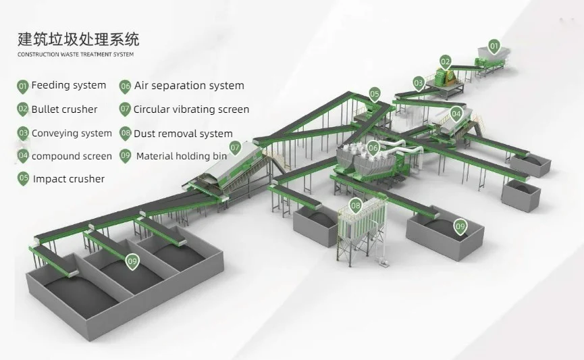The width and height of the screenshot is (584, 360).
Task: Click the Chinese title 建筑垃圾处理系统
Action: coord(79,38)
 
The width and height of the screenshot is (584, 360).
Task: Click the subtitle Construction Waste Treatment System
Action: coord(76,54)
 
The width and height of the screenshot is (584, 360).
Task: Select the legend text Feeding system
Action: coord(69,86)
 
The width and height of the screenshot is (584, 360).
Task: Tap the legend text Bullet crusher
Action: coord(64,109)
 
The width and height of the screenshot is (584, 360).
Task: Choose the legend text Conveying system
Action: coord(72,133)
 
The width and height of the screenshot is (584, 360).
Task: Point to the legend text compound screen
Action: coord(72,156)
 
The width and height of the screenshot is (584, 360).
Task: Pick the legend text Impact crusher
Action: coord(69,179)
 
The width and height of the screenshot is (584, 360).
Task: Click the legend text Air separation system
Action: coord(189,86)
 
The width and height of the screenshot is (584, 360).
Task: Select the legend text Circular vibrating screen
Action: coord(191,109)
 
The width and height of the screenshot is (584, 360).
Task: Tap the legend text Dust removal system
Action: coord(183,134)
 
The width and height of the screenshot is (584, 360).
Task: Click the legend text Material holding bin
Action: coord(182,156)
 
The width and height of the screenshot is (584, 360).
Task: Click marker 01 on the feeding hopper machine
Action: coord(494,47)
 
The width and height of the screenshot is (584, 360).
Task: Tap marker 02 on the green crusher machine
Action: coord(445,61)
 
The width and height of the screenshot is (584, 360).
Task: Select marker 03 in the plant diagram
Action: coord(419,84)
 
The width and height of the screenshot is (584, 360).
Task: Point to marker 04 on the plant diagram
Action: coord(456,113)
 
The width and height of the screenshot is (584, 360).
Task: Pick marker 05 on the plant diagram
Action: coord(374,94)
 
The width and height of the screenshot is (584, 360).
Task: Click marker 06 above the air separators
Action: coord(373,147)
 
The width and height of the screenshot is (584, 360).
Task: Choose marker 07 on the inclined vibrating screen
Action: coord(235,147)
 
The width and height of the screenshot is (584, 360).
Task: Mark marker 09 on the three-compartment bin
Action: coord(132,261)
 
